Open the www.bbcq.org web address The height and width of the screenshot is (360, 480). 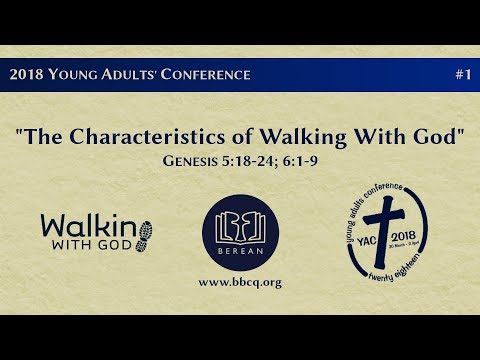tap(240, 283)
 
